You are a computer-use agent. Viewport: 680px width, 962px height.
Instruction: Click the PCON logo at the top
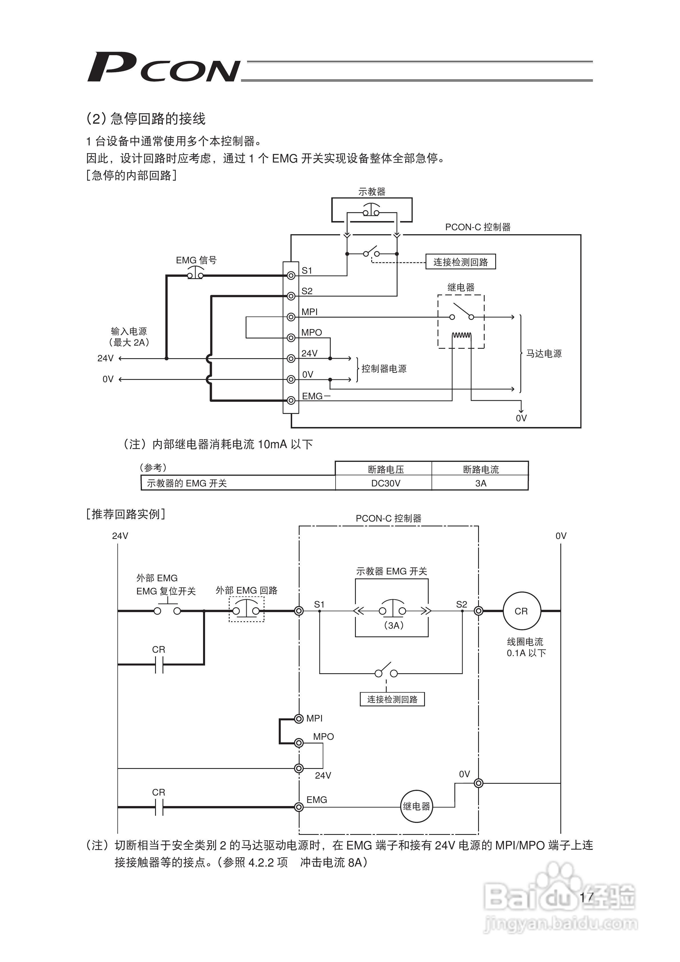click(163, 67)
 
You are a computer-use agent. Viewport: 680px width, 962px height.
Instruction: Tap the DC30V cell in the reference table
click(386, 483)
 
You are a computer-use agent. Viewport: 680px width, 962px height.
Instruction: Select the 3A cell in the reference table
click(481, 483)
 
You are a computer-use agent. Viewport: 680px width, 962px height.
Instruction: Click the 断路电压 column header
click(386, 469)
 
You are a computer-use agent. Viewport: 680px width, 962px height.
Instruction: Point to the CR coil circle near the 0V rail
click(521, 611)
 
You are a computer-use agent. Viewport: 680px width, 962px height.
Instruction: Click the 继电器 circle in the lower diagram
click(416, 806)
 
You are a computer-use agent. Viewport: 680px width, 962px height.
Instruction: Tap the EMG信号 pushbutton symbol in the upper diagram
click(196, 274)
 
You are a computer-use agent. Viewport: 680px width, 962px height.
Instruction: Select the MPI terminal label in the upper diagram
click(310, 312)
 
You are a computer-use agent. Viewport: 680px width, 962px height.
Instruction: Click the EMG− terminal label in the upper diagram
click(316, 396)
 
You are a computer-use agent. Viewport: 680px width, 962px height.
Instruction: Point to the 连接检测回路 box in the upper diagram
click(460, 262)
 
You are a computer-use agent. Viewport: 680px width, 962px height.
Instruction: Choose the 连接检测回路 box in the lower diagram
click(392, 699)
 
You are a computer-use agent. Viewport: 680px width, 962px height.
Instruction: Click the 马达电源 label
click(543, 354)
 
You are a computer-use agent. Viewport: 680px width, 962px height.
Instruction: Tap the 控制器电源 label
click(384, 369)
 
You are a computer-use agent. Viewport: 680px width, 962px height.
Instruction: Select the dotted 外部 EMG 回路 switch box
click(246, 609)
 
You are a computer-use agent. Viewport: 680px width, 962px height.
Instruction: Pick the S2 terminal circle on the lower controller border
click(478, 611)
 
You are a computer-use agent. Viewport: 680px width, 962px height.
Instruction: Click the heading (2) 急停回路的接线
click(146, 119)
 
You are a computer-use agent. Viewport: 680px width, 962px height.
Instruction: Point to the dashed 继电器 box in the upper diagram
click(461, 321)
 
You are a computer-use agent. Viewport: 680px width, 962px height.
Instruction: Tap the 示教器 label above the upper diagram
click(372, 191)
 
